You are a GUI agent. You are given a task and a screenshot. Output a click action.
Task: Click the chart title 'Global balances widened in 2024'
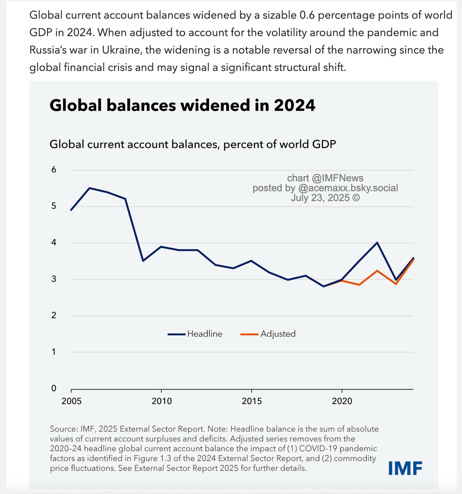(x=182, y=105)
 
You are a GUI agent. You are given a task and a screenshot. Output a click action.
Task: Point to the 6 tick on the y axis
(x=54, y=170)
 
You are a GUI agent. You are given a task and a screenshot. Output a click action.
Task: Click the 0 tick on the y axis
(x=54, y=388)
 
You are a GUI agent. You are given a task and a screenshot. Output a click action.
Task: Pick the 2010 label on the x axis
(x=162, y=401)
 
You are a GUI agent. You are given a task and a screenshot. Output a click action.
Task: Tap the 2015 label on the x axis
(x=252, y=401)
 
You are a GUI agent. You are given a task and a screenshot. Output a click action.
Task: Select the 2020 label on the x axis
(x=342, y=401)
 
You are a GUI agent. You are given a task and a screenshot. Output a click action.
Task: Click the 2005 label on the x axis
(x=71, y=401)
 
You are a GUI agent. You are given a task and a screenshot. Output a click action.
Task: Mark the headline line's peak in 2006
(x=89, y=188)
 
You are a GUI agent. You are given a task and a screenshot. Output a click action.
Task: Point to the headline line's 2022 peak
(x=377, y=243)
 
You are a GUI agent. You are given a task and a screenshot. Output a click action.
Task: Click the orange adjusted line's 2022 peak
(x=377, y=271)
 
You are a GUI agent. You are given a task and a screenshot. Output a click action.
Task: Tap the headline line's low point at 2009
(x=143, y=260)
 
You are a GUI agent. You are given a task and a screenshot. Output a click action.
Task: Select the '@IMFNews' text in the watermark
(x=338, y=178)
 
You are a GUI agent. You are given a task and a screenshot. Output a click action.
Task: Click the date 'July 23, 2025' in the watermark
(x=320, y=198)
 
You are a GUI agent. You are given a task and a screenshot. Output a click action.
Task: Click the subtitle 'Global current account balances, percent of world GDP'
(x=193, y=144)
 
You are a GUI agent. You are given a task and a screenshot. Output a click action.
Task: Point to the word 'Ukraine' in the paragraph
(x=121, y=50)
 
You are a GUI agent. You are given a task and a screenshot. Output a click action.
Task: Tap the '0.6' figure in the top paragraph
(x=307, y=15)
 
